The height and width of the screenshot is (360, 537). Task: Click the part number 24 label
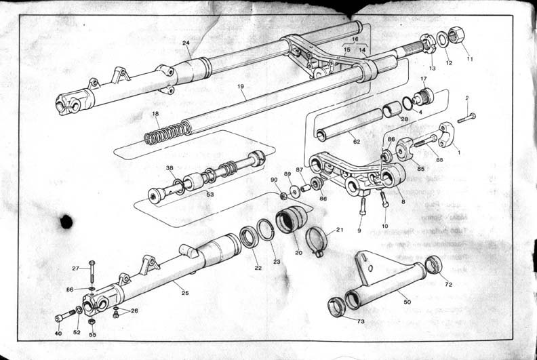pyautogui.click(x=186, y=43)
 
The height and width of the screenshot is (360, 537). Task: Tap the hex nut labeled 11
pyautogui.click(x=456, y=35)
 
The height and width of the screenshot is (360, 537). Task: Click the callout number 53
pyautogui.click(x=210, y=195)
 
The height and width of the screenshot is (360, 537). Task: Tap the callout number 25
pyautogui.click(x=185, y=292)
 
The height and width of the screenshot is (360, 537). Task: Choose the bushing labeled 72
pyautogui.click(x=433, y=264)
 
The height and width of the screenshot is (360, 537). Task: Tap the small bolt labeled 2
pyautogui.click(x=466, y=118)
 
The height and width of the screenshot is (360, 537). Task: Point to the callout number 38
pyautogui.click(x=170, y=169)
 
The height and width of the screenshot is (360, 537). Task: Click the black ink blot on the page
pyautogui.click(x=66, y=221)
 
